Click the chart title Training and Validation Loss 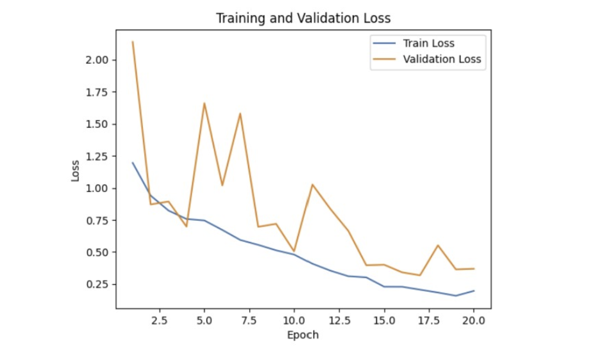(303, 19)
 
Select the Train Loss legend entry (428, 43)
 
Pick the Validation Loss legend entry (442, 60)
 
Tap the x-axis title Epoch (303, 335)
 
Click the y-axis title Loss (76, 170)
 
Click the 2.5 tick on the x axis (159, 320)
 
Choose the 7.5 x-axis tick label (249, 320)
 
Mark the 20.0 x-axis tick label (474, 320)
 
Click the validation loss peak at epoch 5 (204, 103)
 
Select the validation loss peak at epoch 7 (240, 114)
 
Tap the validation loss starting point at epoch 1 (133, 42)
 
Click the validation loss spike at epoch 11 (312, 184)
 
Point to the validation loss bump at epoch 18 (438, 245)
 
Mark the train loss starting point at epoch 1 (133, 162)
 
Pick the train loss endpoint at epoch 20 (474, 291)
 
